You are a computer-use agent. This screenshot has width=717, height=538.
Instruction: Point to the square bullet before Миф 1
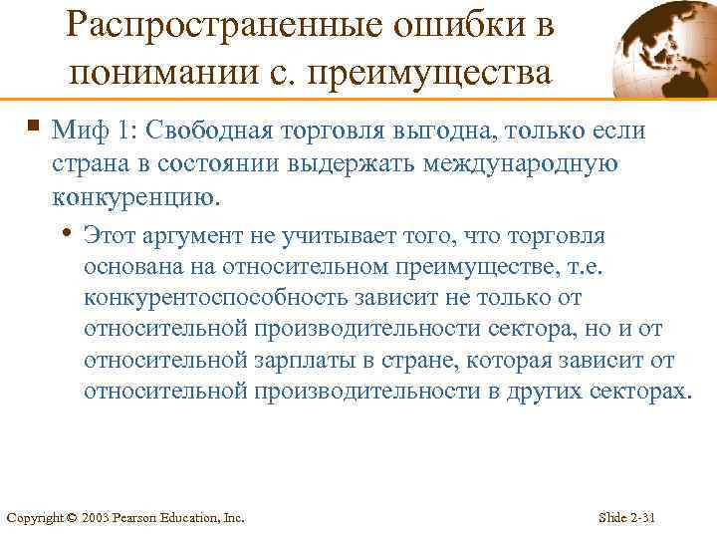pyautogui.click(x=34, y=126)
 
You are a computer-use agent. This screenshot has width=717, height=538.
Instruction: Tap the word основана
pyautogui.click(x=133, y=268)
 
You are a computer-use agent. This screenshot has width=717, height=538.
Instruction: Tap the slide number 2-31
pyautogui.click(x=647, y=518)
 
